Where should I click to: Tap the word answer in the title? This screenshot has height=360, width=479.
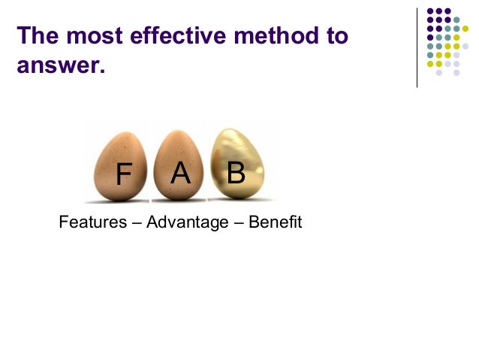[x=56, y=66]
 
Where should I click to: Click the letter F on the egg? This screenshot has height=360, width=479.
[x=123, y=176]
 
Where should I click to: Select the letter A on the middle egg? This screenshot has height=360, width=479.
[x=180, y=174]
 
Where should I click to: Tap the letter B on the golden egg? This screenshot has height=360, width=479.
[x=236, y=174]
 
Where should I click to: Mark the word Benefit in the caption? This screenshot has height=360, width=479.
[x=274, y=223]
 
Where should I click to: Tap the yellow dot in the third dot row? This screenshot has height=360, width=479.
[x=465, y=29]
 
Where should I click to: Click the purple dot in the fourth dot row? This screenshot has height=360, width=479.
[x=429, y=38]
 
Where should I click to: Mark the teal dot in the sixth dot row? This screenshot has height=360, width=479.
[x=429, y=55]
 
